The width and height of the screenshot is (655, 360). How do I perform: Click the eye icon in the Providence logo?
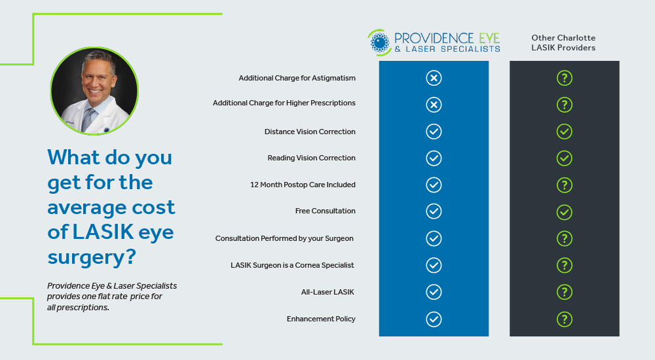tap(379, 42)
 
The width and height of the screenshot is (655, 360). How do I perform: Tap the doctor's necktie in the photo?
tap(88, 119)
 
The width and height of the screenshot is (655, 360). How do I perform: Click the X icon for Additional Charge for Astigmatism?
tap(434, 78)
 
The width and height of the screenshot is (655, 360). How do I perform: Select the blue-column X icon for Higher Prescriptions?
tap(434, 105)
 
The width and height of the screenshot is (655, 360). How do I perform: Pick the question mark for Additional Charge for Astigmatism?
tap(565, 78)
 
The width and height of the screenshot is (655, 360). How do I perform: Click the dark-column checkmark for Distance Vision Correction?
tap(565, 132)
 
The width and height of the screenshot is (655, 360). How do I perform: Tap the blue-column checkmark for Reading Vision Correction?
tap(434, 158)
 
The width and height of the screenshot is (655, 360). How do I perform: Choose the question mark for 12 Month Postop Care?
tap(565, 185)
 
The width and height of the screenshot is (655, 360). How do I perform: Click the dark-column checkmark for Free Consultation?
tap(565, 212)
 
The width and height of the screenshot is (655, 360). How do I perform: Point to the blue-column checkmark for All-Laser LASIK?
tap(434, 292)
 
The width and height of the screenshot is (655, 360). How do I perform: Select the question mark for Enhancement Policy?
tap(565, 319)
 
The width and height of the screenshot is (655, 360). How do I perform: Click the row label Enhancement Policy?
tap(321, 319)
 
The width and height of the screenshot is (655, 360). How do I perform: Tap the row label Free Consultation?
tap(325, 211)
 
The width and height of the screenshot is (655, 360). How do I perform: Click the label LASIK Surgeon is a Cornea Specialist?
tap(292, 265)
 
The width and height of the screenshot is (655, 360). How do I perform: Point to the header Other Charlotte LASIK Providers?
tap(563, 43)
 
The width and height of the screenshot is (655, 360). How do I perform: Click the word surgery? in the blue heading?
tap(92, 257)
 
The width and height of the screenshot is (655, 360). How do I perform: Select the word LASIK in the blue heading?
tap(103, 232)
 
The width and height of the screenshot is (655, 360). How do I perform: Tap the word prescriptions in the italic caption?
tap(83, 308)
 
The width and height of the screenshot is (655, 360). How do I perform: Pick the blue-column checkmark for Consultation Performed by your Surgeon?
tap(434, 238)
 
